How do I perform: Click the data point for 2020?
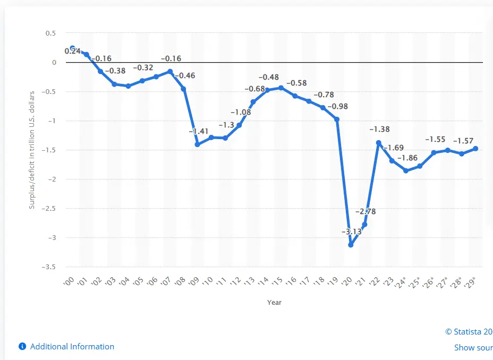point(351,245)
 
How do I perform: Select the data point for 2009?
point(197,144)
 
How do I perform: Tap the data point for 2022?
point(379,143)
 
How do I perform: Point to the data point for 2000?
point(73,48)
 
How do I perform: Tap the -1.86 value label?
point(407,158)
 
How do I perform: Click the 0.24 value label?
point(73,51)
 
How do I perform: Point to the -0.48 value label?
point(268,78)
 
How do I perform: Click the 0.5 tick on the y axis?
point(50,33)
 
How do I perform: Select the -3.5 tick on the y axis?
point(49,267)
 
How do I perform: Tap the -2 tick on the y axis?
point(52,179)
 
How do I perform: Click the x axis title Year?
point(274,303)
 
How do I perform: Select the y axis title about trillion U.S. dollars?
point(32,150)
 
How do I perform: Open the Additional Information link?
point(72,347)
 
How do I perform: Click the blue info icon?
point(22,347)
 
